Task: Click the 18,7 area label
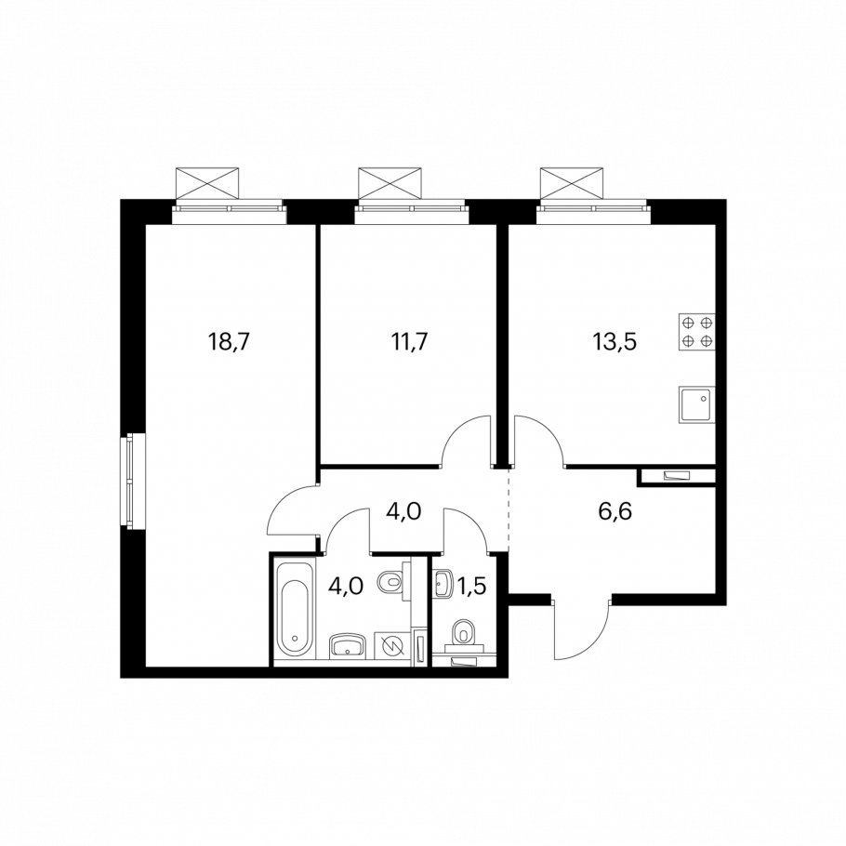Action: click(x=230, y=342)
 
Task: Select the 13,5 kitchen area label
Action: click(x=615, y=342)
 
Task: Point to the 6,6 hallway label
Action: click(x=615, y=510)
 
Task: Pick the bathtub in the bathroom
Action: click(x=295, y=610)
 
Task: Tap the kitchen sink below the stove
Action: click(x=697, y=404)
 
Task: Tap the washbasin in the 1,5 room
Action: click(x=443, y=583)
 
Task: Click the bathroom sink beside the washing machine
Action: click(x=348, y=646)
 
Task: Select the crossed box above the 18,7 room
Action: click(x=207, y=184)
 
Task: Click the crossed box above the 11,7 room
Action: click(x=390, y=184)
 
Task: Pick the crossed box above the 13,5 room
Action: click(x=572, y=184)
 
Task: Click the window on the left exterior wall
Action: click(x=128, y=481)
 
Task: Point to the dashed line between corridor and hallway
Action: click(x=509, y=509)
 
